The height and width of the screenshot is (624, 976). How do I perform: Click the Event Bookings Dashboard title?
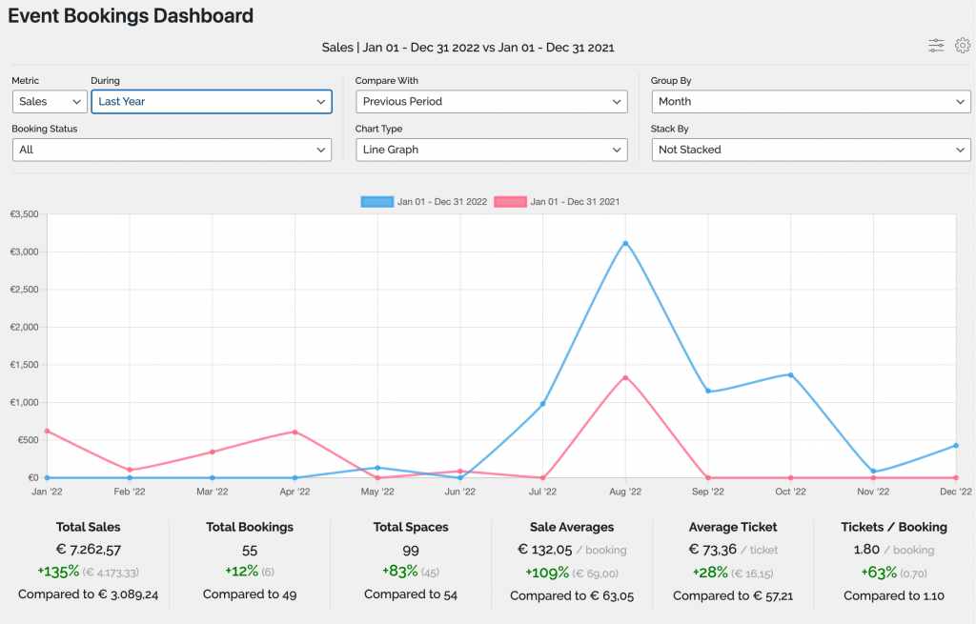pos(131,15)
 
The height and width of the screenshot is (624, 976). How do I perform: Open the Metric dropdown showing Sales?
pos(51,101)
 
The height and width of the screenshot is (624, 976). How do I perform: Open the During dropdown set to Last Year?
pos(211,101)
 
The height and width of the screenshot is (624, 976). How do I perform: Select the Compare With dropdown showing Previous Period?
pos(491,101)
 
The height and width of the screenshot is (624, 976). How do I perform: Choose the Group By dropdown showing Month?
pos(811,101)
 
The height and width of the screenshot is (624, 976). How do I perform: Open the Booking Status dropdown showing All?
pos(172,150)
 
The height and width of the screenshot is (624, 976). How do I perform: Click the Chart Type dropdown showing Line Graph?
pos(491,150)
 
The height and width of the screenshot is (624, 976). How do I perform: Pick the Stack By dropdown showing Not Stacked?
pos(811,150)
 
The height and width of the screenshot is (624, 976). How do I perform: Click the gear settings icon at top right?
pos(963,45)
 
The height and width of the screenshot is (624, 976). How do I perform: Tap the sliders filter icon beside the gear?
pos(937,45)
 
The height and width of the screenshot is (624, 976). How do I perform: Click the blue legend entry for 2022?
pos(424,202)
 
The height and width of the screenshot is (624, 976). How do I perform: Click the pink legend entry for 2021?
pos(558,202)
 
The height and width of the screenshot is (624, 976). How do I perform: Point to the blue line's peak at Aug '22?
pos(625,243)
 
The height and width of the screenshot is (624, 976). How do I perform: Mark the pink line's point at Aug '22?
pos(625,377)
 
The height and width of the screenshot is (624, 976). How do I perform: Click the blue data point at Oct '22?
pos(790,374)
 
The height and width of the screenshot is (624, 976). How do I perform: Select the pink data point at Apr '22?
pos(295,432)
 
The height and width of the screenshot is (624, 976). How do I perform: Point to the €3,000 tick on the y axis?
pos(24,252)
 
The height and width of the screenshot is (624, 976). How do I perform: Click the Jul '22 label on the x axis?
pos(542,492)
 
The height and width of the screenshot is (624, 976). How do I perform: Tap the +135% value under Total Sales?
pos(59,572)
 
